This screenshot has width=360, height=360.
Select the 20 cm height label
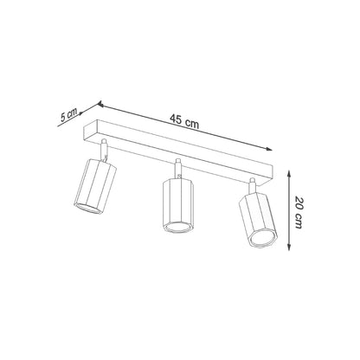click(297, 209)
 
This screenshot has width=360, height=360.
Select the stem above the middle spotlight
click(179, 167)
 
